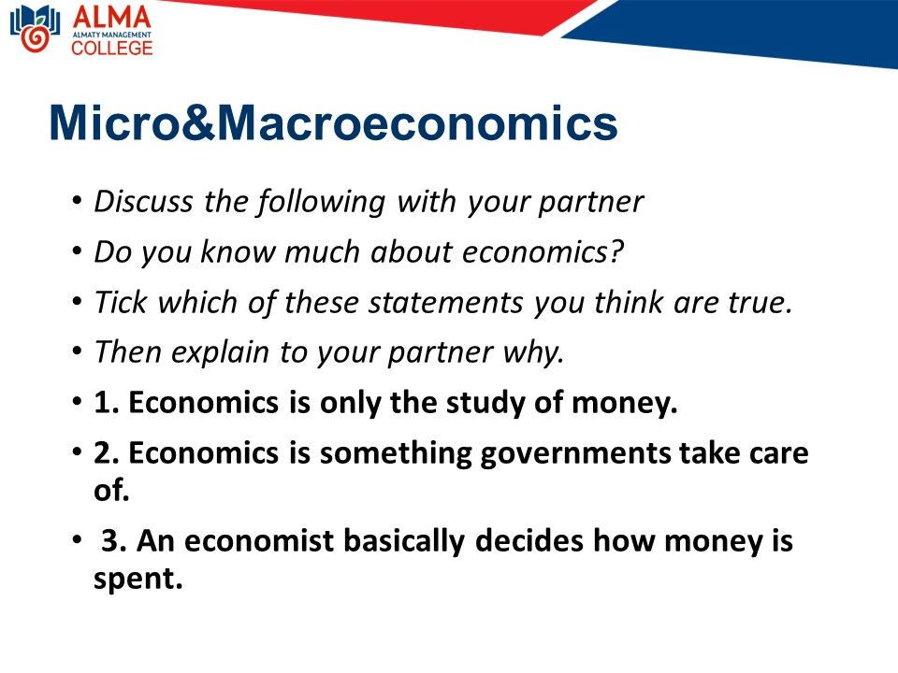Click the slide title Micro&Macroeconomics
coord(333,122)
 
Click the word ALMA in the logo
coord(111,17)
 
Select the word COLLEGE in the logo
coord(112,48)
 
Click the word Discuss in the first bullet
coord(143,202)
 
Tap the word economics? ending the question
coord(543,251)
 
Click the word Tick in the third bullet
coord(122,302)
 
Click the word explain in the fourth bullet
coord(220,353)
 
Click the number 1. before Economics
coord(107,402)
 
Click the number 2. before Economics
coord(107,452)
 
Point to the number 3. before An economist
coord(114,540)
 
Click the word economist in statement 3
coord(259,540)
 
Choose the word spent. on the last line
coord(138,579)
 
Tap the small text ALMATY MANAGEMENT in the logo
coord(112,35)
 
